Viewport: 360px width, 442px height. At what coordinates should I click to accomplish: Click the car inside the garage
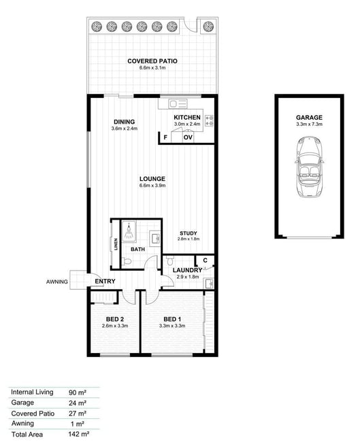tap(309, 167)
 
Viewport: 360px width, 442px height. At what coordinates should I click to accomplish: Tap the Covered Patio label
tap(152, 61)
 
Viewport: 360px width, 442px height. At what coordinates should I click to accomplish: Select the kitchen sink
tap(178, 104)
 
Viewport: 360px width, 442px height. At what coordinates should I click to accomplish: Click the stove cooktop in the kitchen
tap(209, 120)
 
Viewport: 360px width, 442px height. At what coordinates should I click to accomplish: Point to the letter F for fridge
tap(165, 137)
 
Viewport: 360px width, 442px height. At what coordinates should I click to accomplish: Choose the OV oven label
tap(188, 137)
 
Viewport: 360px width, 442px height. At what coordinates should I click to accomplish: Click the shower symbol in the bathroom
tap(129, 231)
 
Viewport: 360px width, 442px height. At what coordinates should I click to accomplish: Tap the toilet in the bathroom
tap(127, 261)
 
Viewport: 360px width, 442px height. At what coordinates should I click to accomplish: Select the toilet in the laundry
tap(170, 260)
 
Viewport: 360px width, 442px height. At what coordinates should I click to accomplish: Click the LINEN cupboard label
tap(116, 244)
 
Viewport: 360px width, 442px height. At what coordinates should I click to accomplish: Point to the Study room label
tap(189, 233)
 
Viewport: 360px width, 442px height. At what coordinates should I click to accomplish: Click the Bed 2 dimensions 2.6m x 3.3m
tap(115, 326)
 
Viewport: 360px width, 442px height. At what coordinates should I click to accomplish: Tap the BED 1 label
tap(172, 319)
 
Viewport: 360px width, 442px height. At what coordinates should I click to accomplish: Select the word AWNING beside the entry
tap(57, 282)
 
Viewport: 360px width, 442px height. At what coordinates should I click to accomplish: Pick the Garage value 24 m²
tap(78, 403)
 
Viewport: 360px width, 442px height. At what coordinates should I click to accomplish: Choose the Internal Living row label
tap(32, 392)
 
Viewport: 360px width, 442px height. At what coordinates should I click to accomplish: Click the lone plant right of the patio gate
tap(208, 27)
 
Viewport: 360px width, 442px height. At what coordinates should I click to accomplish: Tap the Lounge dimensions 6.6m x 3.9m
tap(152, 186)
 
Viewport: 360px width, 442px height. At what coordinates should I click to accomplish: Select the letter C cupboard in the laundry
tap(205, 260)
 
